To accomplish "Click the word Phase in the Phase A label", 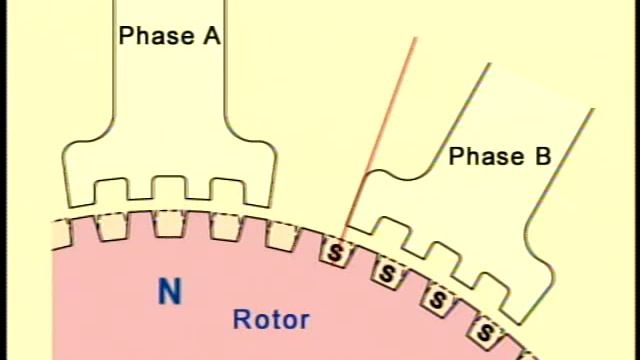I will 154,36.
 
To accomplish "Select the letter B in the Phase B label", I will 542,157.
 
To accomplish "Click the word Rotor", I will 270,321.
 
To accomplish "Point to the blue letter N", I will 170,292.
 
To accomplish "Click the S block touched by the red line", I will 335,253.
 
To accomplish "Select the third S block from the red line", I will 437,297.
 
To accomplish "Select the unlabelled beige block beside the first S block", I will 282,235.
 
